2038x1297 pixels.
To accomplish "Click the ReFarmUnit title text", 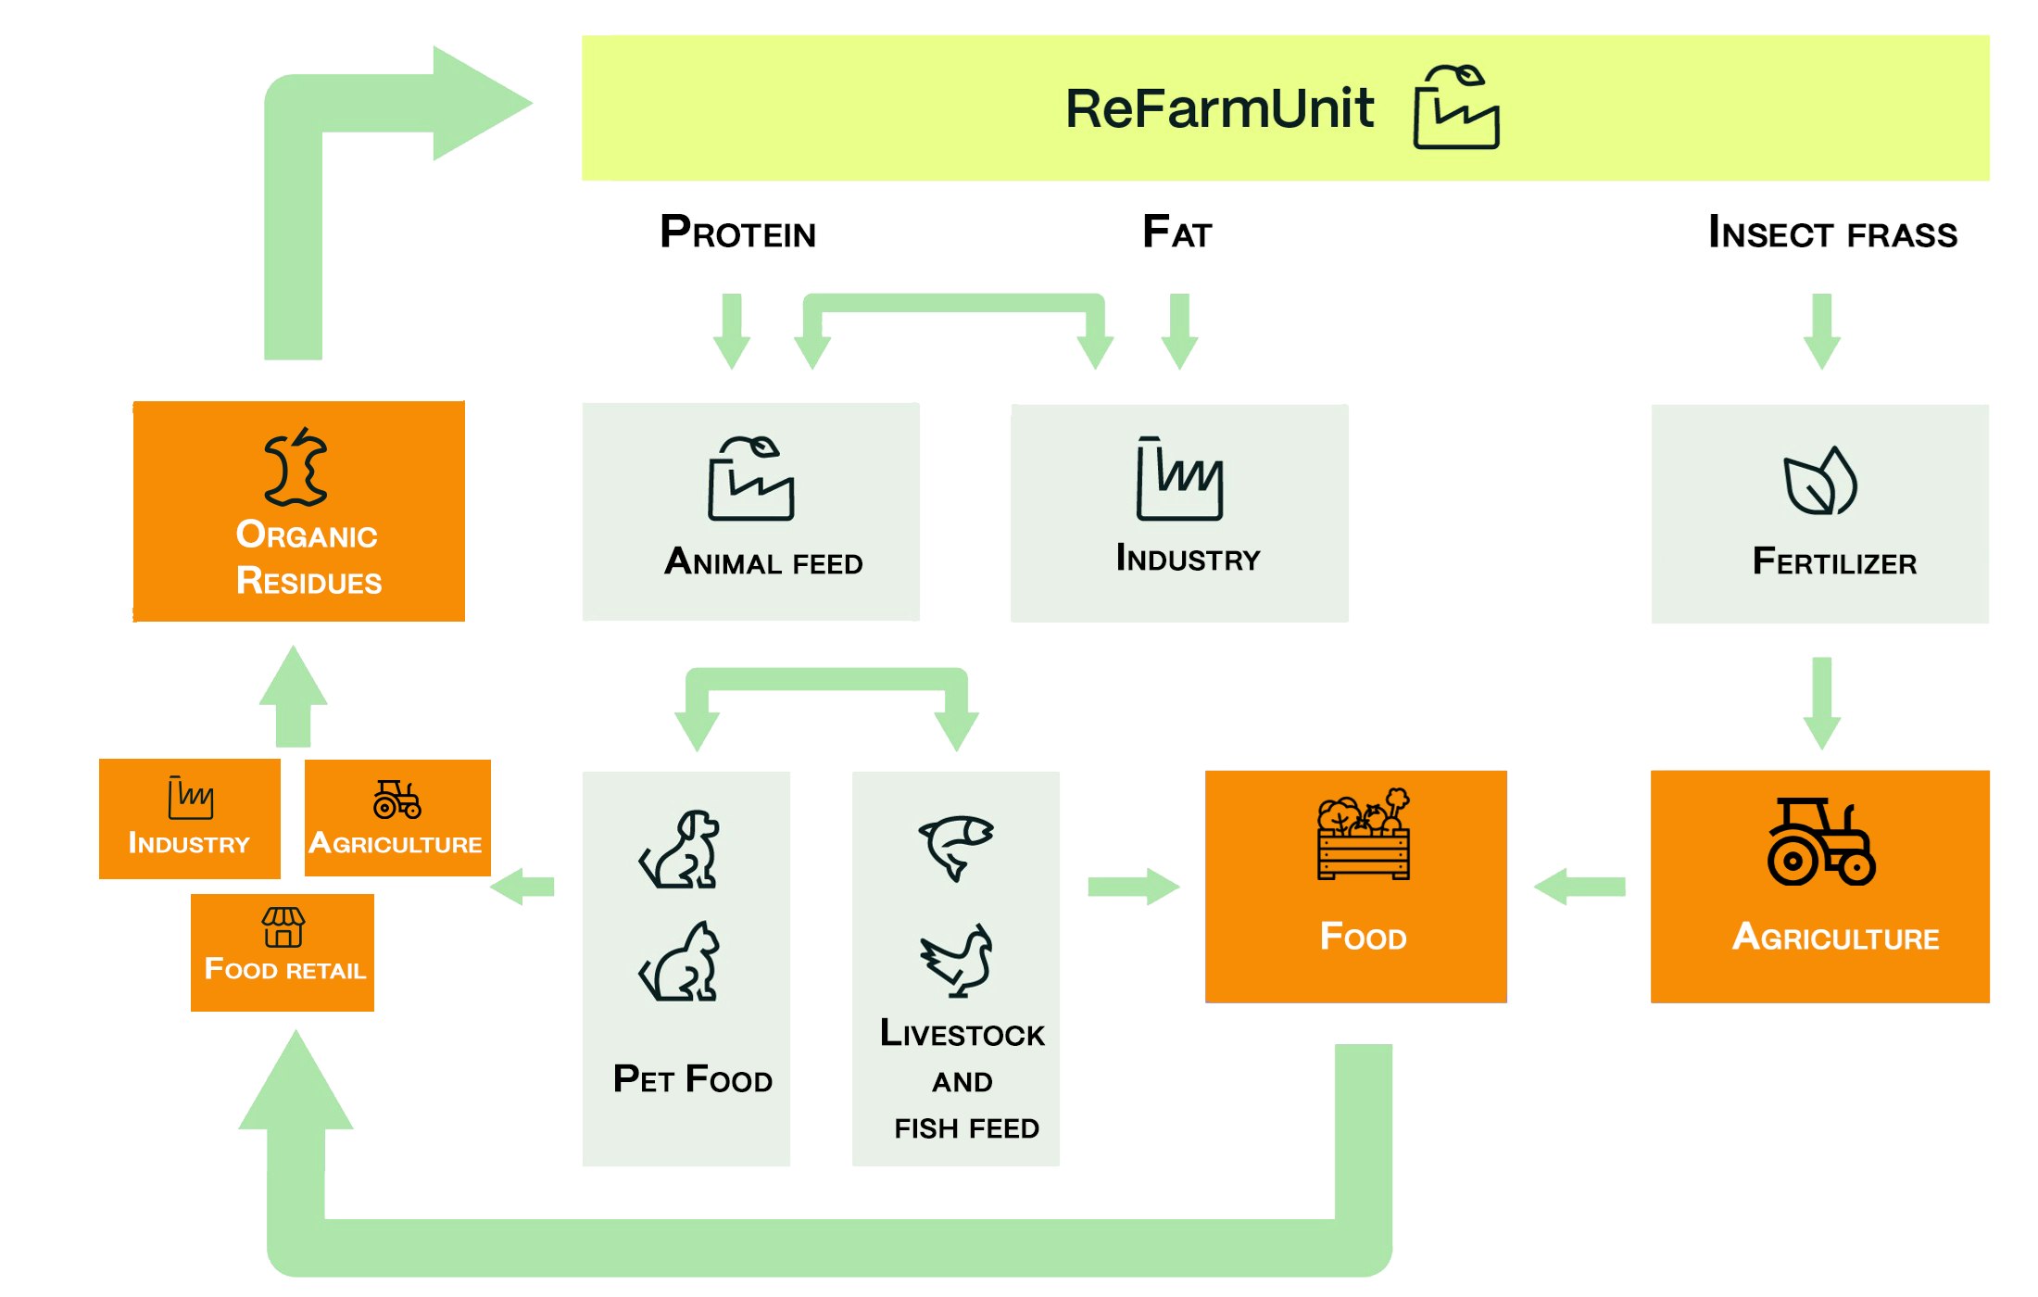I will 1219,109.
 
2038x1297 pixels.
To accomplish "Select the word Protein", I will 737,233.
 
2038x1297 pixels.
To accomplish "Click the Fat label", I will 1176,233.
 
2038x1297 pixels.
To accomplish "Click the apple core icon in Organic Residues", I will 296,467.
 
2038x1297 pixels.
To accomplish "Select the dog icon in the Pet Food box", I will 681,850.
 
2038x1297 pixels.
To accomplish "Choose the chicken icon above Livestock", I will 956,961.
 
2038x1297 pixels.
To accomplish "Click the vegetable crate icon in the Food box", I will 1364,834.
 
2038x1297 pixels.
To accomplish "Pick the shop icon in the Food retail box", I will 283,927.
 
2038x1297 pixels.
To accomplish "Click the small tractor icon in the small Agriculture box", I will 396,800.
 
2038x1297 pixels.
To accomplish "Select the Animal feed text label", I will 763,562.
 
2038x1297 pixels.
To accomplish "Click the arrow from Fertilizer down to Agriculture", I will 1821,702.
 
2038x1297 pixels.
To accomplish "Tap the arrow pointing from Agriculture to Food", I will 1579,887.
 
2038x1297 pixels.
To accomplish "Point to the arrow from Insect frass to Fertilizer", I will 1821,331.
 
